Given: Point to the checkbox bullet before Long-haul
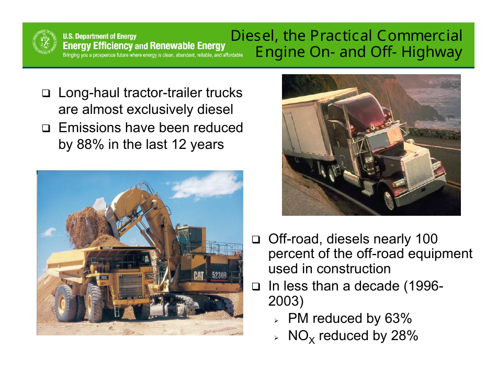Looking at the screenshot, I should coord(47,94).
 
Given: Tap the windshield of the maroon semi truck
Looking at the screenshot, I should coord(381,141).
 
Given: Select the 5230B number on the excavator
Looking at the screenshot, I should coord(219,274).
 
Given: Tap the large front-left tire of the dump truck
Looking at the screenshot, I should coord(66,303).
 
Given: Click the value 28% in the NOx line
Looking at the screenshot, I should coord(404,336).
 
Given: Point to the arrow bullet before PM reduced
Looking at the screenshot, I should coord(277,320).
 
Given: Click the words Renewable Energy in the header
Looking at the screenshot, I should coord(187,46).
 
